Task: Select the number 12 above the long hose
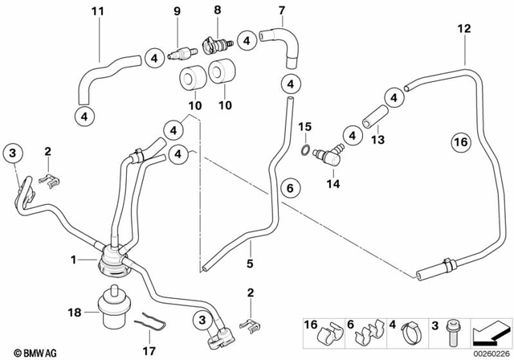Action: pos(464,28)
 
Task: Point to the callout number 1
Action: pos(74,260)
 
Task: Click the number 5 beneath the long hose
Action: pos(250,263)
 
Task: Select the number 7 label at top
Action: pos(281,10)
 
